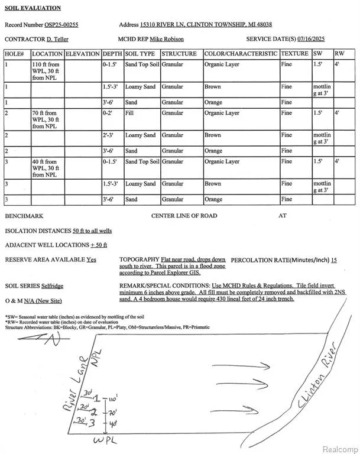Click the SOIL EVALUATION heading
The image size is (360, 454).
(x=33, y=8)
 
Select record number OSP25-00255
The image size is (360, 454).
(x=61, y=25)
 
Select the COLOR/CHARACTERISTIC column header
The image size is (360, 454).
(x=241, y=54)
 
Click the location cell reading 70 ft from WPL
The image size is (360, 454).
(x=47, y=119)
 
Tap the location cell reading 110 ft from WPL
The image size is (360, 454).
(x=47, y=71)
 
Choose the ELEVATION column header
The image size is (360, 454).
(x=82, y=54)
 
